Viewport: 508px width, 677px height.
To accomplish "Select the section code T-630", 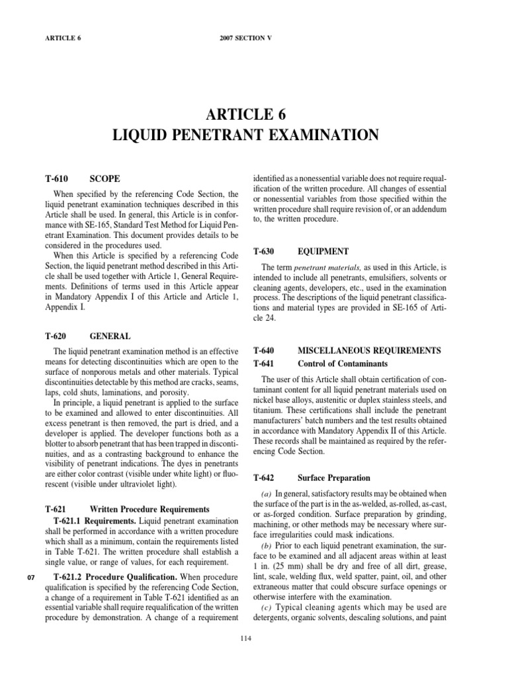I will click(x=267, y=251).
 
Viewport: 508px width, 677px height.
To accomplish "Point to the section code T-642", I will click(x=267, y=477).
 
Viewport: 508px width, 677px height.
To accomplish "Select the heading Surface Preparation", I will click(x=334, y=477).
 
